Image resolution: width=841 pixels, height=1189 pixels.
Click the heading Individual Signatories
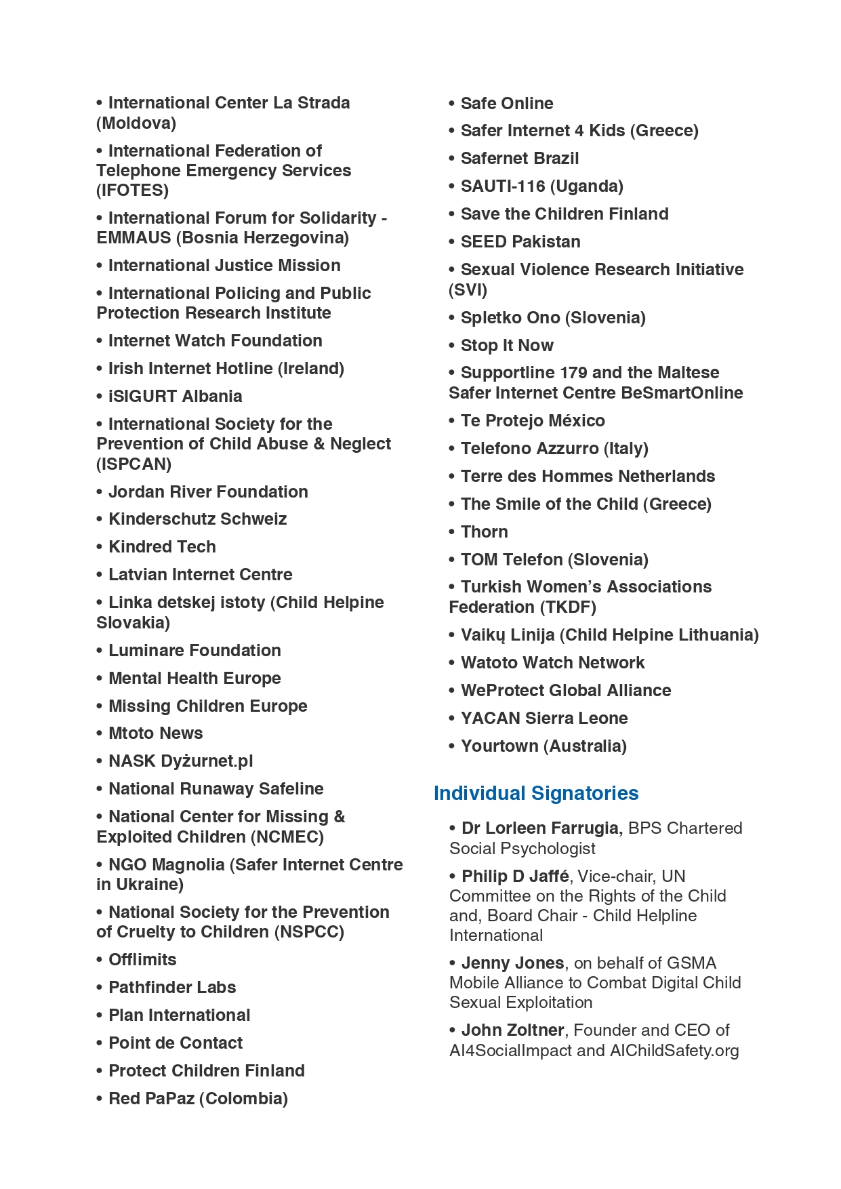536,793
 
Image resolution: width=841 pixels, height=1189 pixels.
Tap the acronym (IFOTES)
132,190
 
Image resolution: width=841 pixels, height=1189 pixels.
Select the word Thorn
484,532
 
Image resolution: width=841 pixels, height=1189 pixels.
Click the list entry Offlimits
142,960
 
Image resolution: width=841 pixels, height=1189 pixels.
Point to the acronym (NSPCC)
309,932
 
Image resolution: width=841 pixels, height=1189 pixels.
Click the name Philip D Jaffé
515,876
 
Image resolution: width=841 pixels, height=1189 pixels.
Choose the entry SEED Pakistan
520,242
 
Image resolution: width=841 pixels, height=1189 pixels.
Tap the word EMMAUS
134,238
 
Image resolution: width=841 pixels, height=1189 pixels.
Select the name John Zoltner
512,1030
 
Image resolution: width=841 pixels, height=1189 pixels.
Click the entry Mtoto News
155,733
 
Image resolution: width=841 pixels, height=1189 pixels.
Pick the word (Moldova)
136,123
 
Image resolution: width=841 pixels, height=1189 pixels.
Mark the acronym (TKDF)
569,607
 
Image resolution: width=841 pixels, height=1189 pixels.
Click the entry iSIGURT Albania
175,397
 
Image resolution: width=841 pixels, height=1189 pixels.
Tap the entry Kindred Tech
162,547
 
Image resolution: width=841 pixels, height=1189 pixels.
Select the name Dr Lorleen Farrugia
540,828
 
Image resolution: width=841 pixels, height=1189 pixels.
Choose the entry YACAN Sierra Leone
544,719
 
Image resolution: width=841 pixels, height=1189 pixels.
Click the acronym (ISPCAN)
134,464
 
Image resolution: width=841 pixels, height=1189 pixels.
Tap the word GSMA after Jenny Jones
691,963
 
